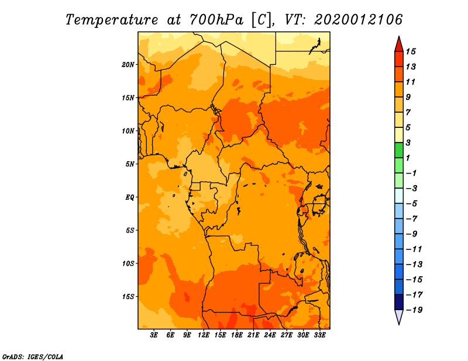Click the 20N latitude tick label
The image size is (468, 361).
128,65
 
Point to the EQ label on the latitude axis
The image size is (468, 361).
130,197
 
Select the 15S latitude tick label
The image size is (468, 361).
128,297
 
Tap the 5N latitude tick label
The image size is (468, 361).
130,164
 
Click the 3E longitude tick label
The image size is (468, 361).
154,335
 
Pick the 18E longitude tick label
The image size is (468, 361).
237,335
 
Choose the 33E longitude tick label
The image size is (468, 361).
319,335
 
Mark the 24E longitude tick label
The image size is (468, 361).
270,335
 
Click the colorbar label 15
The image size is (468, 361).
411,51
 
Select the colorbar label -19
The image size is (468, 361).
414,310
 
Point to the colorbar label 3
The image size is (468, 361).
408,143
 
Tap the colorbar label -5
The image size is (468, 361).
412,204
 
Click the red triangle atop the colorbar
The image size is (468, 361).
399,45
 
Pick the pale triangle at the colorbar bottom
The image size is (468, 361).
399,316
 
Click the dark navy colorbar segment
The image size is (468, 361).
399,302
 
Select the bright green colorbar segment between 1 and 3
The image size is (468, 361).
399,150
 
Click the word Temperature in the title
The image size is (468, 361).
112,20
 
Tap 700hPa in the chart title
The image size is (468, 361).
216,20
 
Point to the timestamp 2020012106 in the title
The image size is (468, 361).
358,20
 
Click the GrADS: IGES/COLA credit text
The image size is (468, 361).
33,357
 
